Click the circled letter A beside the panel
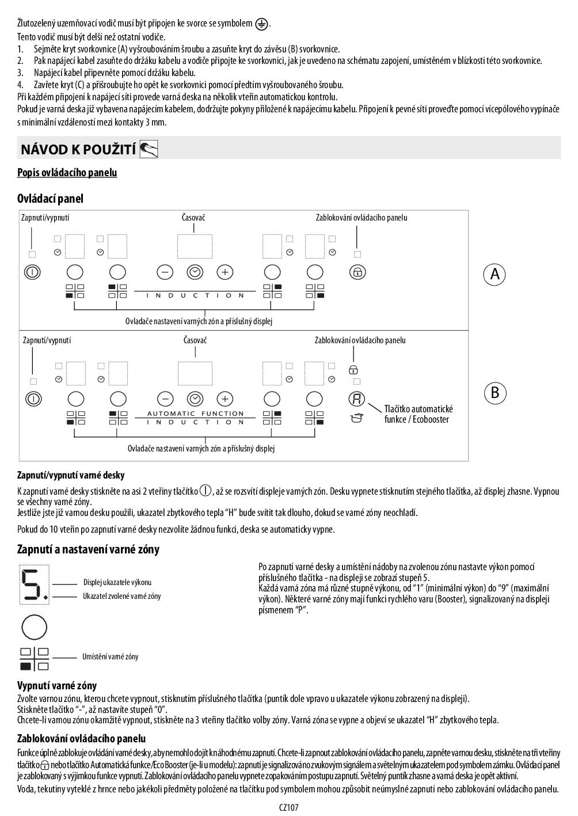pyautogui.click(x=494, y=274)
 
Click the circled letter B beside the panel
pyautogui.click(x=495, y=393)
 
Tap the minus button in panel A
pyautogui.click(x=165, y=272)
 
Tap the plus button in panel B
pyautogui.click(x=225, y=398)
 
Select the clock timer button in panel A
pyautogui.click(x=195, y=272)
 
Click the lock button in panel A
pyautogui.click(x=358, y=272)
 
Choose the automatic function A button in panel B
pyautogui.click(x=357, y=398)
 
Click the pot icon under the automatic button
pyautogui.click(x=357, y=418)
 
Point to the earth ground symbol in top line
pyautogui.click(x=262, y=24)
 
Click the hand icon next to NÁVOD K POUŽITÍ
pyautogui.click(x=149, y=149)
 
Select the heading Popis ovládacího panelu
pyautogui.click(x=67, y=173)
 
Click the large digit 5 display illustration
pyautogui.click(x=33, y=585)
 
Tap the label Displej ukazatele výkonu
pyautogui.click(x=117, y=583)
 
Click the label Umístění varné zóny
pyautogui.click(x=110, y=656)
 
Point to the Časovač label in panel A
pyautogui.click(x=193, y=218)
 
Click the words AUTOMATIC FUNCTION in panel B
pyautogui.click(x=196, y=413)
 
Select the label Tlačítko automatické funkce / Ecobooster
pyautogui.click(x=419, y=414)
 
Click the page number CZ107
pyautogui.click(x=289, y=807)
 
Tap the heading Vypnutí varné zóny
pyautogui.click(x=57, y=686)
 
